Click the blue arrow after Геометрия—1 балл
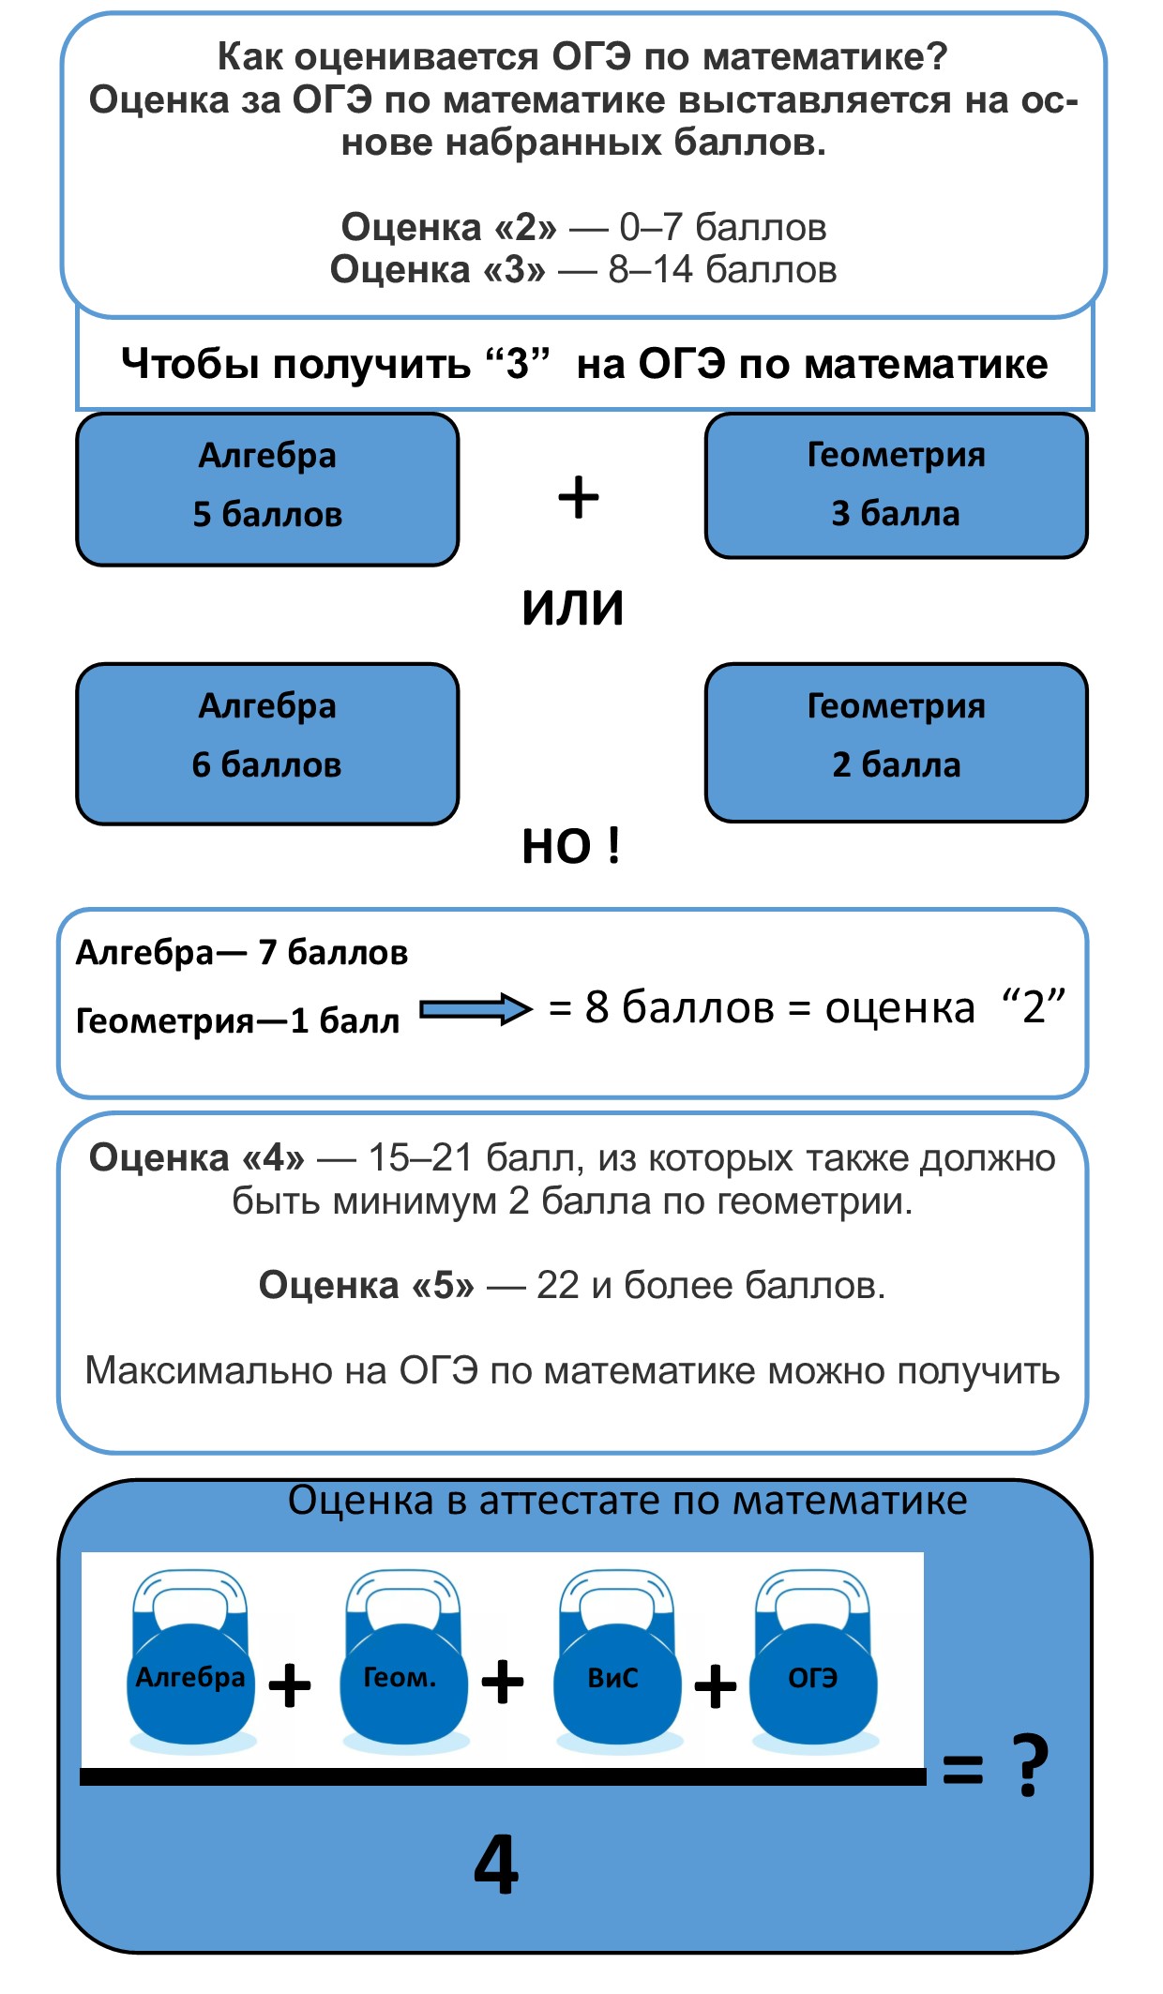click(476, 1009)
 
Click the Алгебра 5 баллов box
click(267, 490)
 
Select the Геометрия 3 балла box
click(897, 486)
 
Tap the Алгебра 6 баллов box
click(267, 744)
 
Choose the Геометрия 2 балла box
click(897, 743)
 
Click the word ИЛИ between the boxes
click(573, 608)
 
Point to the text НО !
click(571, 846)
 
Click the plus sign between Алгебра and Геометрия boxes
click(579, 497)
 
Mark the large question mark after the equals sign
click(1030, 1765)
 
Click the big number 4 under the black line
click(496, 1865)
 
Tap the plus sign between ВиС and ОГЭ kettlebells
click(716, 1686)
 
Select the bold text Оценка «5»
click(367, 1285)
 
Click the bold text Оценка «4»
click(197, 1158)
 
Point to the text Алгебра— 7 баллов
click(242, 953)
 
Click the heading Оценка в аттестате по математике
click(627, 1501)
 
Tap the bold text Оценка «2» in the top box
click(448, 227)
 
